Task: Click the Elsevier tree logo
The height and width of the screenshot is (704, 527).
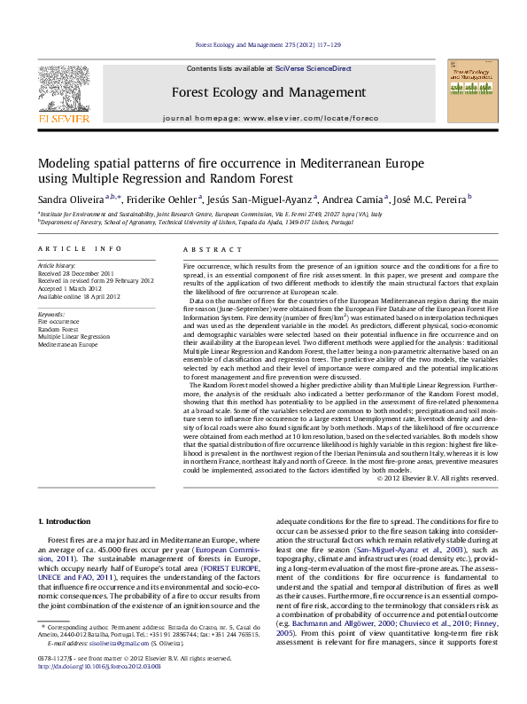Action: (x=63, y=88)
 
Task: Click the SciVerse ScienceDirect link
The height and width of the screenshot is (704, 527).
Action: (x=313, y=68)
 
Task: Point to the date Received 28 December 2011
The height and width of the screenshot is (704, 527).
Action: (x=75, y=274)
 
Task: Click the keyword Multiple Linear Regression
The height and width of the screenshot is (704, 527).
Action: (x=74, y=336)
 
